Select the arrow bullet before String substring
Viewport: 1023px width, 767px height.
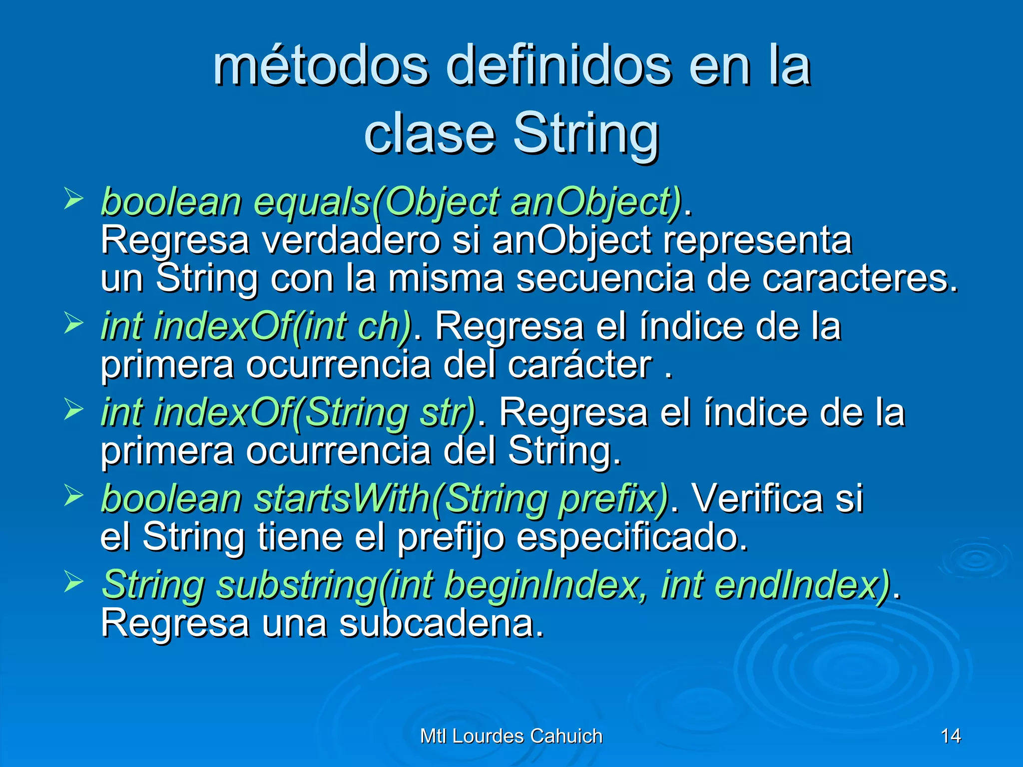pos(74,582)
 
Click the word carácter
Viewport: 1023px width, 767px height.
pos(580,365)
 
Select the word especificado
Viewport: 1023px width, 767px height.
pos(632,537)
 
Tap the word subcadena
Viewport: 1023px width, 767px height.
pos(442,624)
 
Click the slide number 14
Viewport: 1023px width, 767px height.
pos(950,736)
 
